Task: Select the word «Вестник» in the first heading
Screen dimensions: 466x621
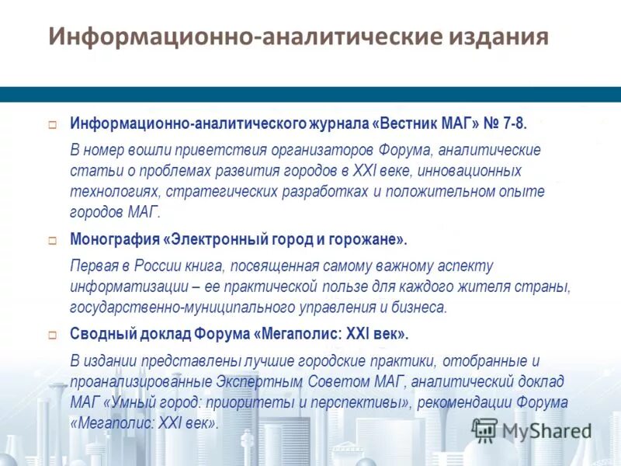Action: pos(411,124)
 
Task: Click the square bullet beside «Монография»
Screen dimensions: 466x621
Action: pos(53,239)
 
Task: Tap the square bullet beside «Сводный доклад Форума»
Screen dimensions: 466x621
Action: pos(53,336)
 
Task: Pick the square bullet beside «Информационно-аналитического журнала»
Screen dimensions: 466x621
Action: pos(53,124)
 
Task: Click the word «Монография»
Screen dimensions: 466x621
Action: pos(113,238)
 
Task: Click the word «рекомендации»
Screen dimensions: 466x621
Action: pos(474,403)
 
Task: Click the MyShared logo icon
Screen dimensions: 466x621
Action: pos(484,429)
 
